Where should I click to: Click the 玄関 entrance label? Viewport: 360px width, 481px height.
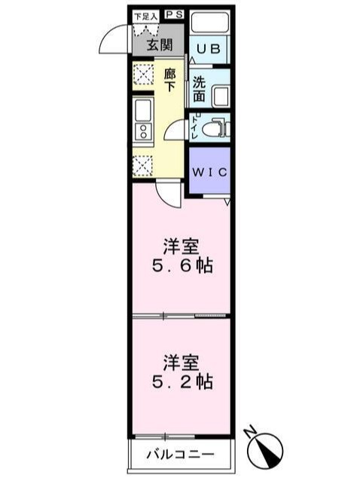(x=158, y=44)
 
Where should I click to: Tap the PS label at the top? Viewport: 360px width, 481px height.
(x=174, y=14)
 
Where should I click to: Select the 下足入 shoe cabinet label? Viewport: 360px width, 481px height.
(x=145, y=15)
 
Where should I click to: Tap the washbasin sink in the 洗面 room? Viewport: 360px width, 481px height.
(x=221, y=97)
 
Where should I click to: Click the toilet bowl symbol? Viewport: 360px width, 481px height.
(x=216, y=128)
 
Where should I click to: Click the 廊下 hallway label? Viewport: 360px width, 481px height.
(x=169, y=80)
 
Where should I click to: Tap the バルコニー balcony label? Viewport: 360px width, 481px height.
(x=180, y=455)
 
